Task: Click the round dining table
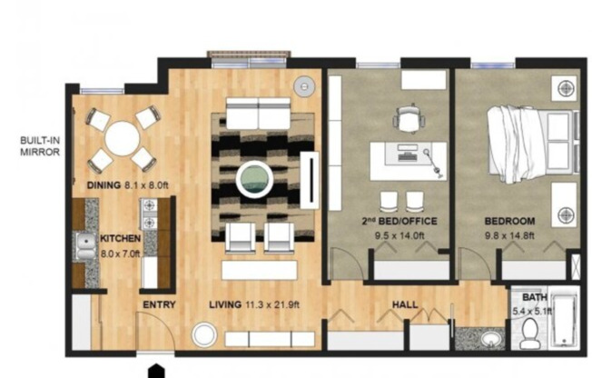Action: (123, 139)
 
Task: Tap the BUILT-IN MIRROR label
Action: (39, 147)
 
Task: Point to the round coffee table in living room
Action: (255, 178)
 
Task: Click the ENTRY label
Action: (158, 304)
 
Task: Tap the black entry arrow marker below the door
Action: (157, 371)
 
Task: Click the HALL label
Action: (405, 304)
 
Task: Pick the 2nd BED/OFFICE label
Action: (400, 221)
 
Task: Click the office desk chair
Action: (409, 118)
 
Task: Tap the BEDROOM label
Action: (508, 221)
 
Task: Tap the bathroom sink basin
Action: (490, 340)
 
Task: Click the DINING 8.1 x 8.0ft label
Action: (128, 185)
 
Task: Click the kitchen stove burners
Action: (147, 216)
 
